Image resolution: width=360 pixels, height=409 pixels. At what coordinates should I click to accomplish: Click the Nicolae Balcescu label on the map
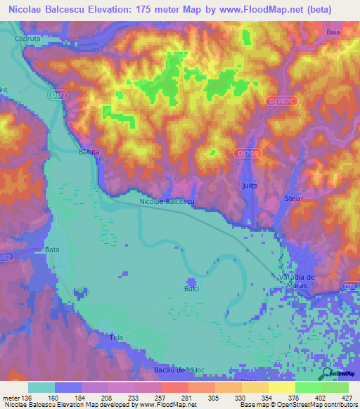167,202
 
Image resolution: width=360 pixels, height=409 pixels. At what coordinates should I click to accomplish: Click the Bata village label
52,249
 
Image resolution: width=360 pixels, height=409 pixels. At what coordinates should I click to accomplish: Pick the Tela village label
117,339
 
